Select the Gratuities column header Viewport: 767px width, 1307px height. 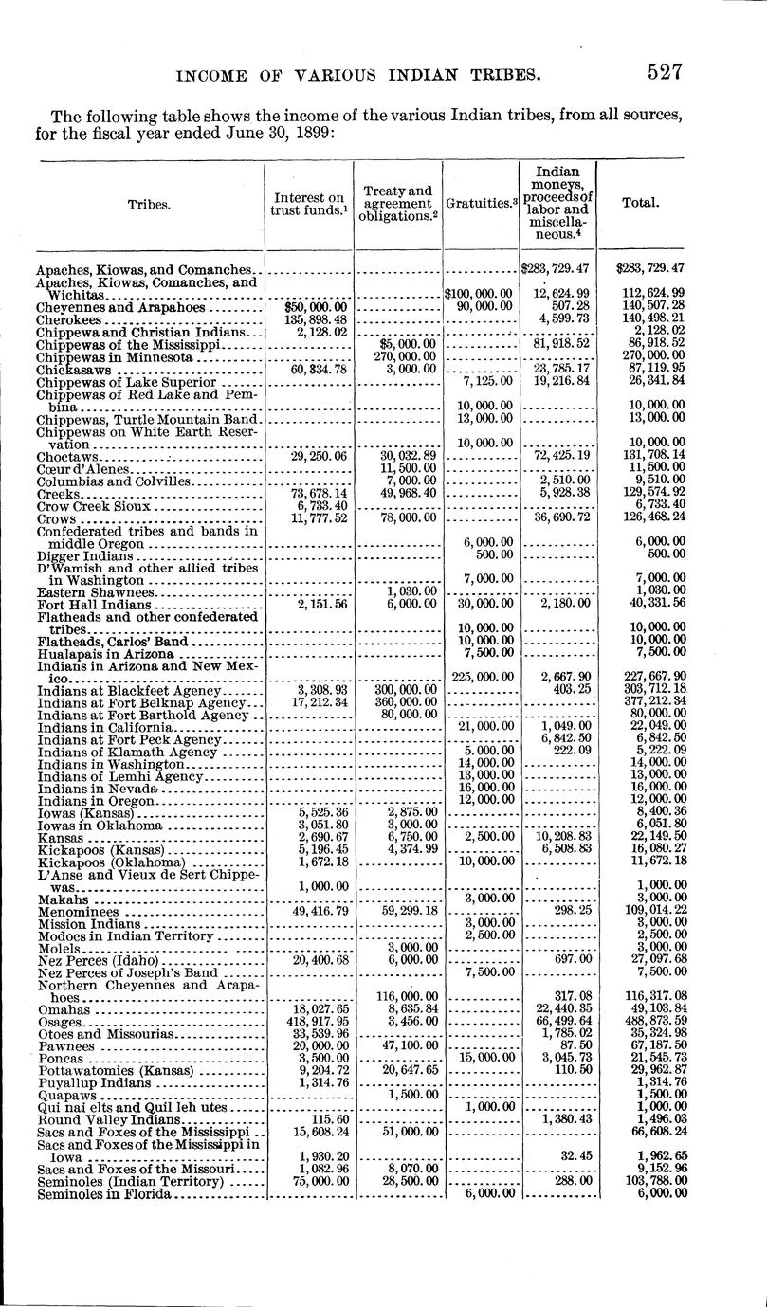coord(480,202)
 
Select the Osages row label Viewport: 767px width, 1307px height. coord(59,1022)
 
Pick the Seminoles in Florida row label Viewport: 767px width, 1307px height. coord(103,1194)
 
